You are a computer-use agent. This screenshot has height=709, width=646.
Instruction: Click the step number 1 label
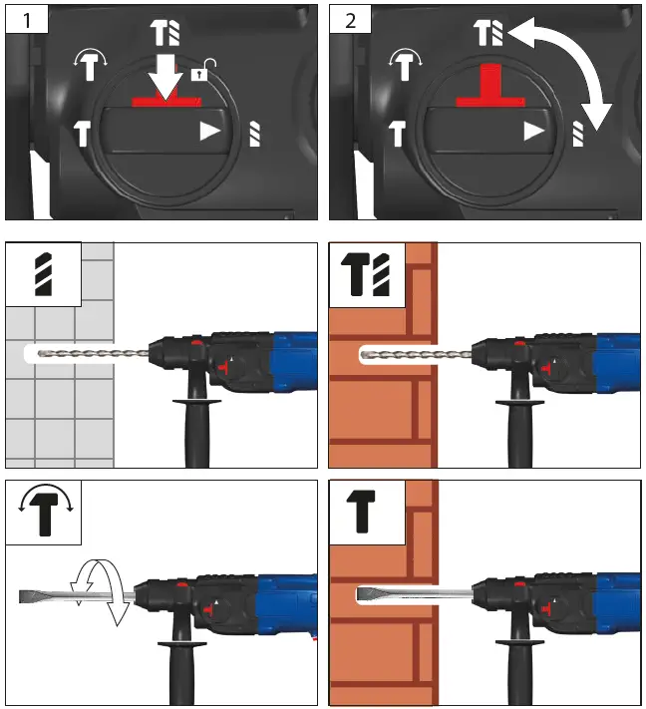pos(23,20)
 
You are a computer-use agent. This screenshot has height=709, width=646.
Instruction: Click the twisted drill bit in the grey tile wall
pos(90,353)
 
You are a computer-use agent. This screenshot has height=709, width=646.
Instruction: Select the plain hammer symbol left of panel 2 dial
pos(396,131)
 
